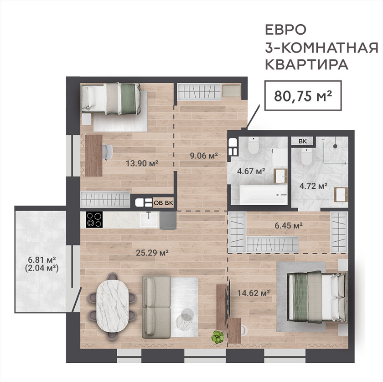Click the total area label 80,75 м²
(x=303, y=96)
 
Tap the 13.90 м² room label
(x=142, y=163)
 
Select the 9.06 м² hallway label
(x=204, y=155)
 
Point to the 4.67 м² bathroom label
(x=251, y=171)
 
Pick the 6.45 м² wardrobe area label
(x=289, y=225)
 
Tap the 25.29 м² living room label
(x=152, y=252)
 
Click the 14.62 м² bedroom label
(x=254, y=293)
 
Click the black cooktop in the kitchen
(x=94, y=219)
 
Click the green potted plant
(x=217, y=337)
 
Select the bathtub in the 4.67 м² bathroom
(x=264, y=195)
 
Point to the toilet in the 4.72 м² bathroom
(x=306, y=157)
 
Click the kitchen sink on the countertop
(x=150, y=219)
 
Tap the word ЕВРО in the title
(x=285, y=30)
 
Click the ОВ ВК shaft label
(x=163, y=203)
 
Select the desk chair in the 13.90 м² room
(x=108, y=152)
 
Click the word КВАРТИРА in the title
(x=306, y=64)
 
